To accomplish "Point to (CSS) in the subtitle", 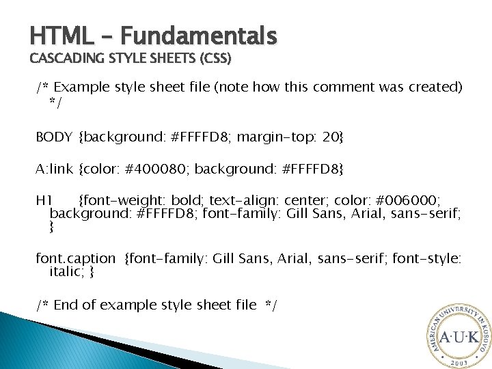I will click(214, 59).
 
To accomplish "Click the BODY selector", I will click(54, 138).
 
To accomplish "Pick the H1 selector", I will click(44, 200).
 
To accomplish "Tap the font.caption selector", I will click(76, 259).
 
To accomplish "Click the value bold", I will click(186, 200).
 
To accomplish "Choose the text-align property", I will click(241, 200).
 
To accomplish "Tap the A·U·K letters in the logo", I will click(459, 337).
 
